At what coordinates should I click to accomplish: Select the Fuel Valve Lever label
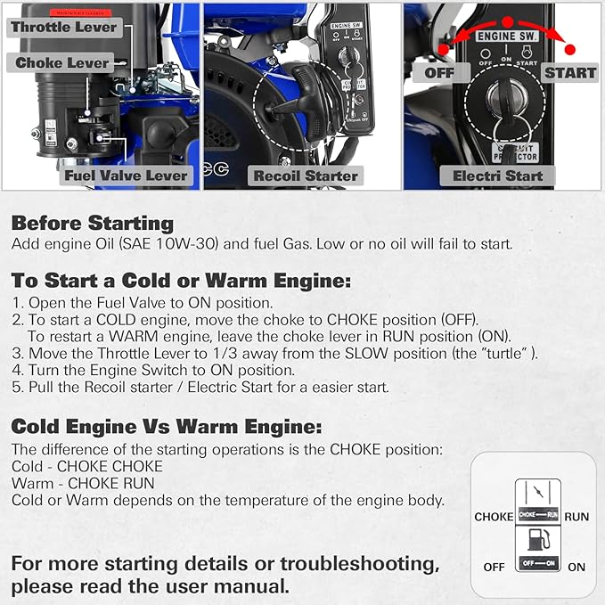pyautogui.click(x=126, y=176)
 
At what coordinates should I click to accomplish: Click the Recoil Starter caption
pyautogui.click(x=306, y=176)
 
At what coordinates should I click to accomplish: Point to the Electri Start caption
pyautogui.click(x=497, y=176)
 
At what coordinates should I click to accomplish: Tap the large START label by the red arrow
pyautogui.click(x=569, y=71)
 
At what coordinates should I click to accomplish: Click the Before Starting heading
pyautogui.click(x=93, y=224)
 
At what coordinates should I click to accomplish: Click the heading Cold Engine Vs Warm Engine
pyautogui.click(x=167, y=426)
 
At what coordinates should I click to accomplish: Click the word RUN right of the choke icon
pyautogui.click(x=576, y=516)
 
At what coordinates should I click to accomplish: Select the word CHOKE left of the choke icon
pyautogui.click(x=494, y=516)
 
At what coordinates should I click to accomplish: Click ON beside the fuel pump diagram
pyautogui.click(x=576, y=567)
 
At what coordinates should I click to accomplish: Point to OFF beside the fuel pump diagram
pyautogui.click(x=494, y=567)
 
